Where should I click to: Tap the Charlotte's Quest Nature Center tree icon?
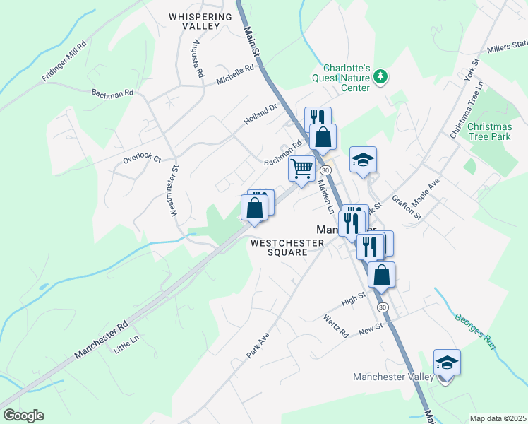point(381,76)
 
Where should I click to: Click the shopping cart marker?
point(301,169)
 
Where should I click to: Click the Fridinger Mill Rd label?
point(64,60)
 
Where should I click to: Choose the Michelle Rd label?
point(235,76)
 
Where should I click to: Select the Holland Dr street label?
point(262,114)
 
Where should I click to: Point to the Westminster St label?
point(175,192)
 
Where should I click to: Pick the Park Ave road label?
point(258,346)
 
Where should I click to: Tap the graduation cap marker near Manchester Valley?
point(446,363)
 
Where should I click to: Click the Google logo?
point(23,416)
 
